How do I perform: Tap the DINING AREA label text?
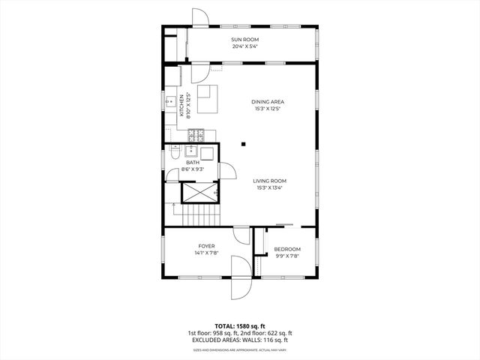(268, 102)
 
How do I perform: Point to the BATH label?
(193, 163)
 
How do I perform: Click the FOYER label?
(206, 246)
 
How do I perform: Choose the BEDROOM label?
(286, 249)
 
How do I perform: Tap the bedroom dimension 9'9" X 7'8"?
(286, 256)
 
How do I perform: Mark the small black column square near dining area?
(243, 144)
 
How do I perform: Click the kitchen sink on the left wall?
(171, 106)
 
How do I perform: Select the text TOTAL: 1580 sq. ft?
(240, 326)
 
